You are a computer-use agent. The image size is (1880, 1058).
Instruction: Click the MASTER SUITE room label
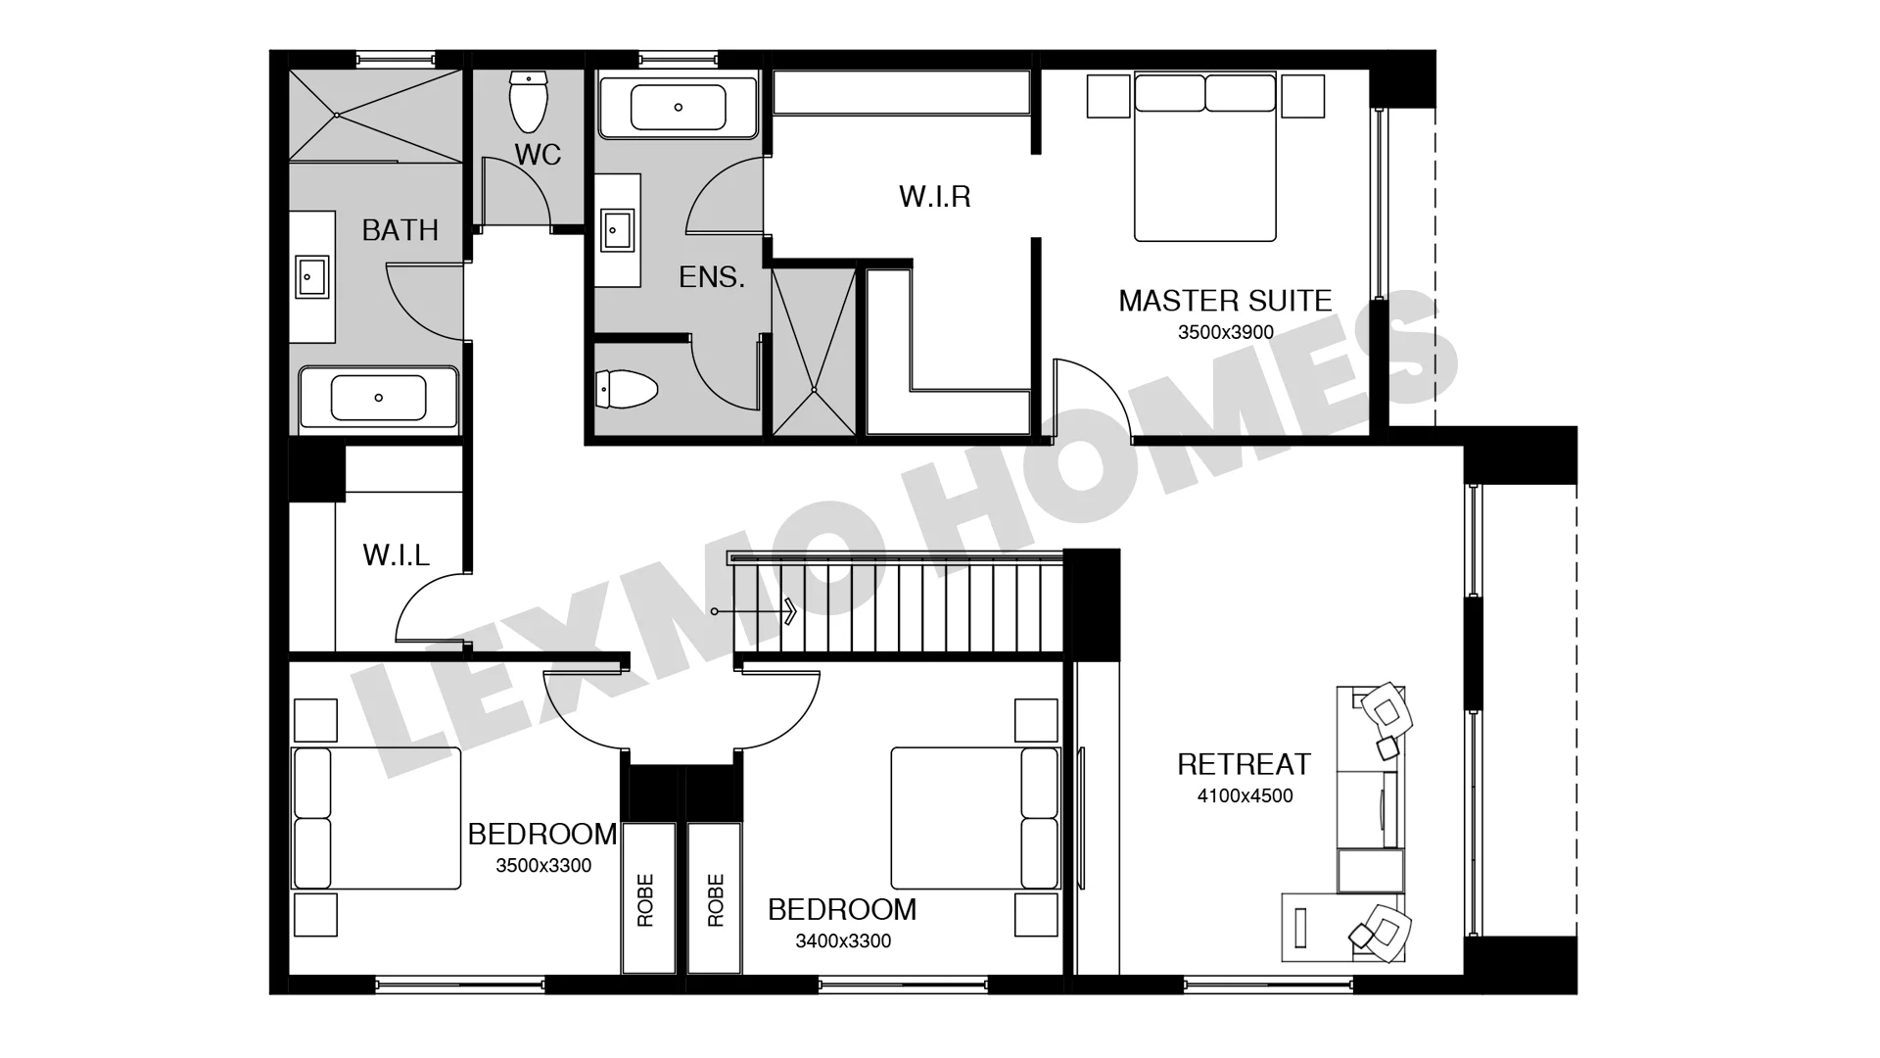[1225, 300]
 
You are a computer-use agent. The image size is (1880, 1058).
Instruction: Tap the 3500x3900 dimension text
[1225, 332]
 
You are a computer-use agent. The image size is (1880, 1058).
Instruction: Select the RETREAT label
[1244, 764]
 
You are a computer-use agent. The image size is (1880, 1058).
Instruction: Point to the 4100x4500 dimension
[1245, 796]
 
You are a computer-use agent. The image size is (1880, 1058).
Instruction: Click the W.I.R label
[935, 197]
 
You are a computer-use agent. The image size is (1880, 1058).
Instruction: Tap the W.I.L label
[396, 555]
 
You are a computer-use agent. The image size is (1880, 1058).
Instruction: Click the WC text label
[538, 154]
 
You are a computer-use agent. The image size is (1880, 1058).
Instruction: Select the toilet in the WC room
[529, 102]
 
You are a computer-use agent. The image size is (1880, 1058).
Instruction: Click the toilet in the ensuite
[628, 389]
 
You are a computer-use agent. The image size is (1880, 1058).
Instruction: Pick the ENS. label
[712, 277]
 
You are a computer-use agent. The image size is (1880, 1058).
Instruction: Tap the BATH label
[399, 229]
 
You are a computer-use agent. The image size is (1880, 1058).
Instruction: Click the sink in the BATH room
[311, 276]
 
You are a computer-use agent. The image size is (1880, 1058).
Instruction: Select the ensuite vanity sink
[617, 231]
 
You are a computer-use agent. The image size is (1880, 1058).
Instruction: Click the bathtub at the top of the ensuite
[678, 107]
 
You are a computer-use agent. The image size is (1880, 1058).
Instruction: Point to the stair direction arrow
[755, 612]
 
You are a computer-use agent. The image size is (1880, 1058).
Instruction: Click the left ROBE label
[645, 900]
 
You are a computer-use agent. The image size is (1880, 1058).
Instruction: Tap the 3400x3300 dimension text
[843, 941]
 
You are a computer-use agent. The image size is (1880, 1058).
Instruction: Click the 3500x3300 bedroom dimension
[543, 866]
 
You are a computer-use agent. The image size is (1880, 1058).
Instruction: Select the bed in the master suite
[1205, 157]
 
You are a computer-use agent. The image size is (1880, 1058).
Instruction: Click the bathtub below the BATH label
[378, 398]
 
